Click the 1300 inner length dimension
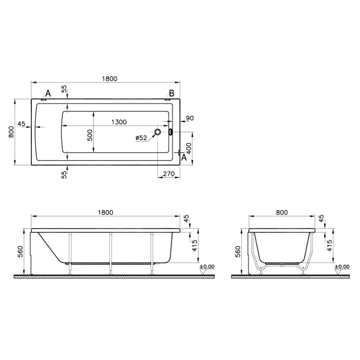(x=119, y=122)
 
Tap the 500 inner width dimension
(x=90, y=135)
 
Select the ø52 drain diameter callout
(x=141, y=138)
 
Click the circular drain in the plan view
(x=158, y=132)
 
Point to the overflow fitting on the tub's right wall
(x=170, y=132)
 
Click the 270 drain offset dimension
(x=169, y=174)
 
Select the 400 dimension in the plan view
(x=188, y=149)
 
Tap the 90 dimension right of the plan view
(x=190, y=118)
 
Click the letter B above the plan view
(x=172, y=93)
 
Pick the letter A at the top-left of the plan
(x=48, y=93)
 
